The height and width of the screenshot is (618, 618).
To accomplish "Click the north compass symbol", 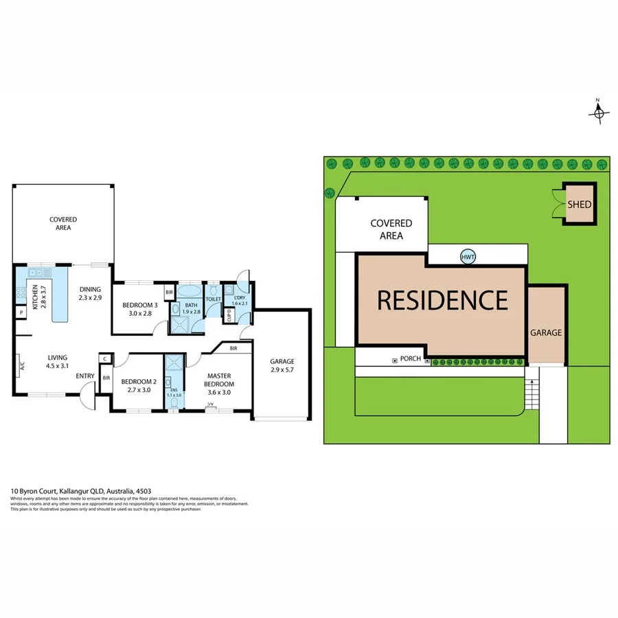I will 598,113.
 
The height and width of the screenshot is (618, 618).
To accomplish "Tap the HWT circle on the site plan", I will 468,257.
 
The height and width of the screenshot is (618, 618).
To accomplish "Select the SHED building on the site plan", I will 579,204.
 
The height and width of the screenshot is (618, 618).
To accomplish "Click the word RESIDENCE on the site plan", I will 442,300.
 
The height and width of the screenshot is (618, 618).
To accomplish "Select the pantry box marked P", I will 21,313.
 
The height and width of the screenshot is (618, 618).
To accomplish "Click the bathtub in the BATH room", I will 190,290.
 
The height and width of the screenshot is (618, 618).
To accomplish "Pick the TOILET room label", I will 214,299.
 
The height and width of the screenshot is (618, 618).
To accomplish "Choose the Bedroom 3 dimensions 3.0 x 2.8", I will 140,313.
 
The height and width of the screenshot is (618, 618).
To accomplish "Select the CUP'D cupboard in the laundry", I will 229,315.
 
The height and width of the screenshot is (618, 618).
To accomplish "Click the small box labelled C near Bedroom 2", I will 104,358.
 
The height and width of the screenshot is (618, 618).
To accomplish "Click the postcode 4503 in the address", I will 144,492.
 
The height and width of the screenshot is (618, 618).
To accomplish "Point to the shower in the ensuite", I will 174,363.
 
